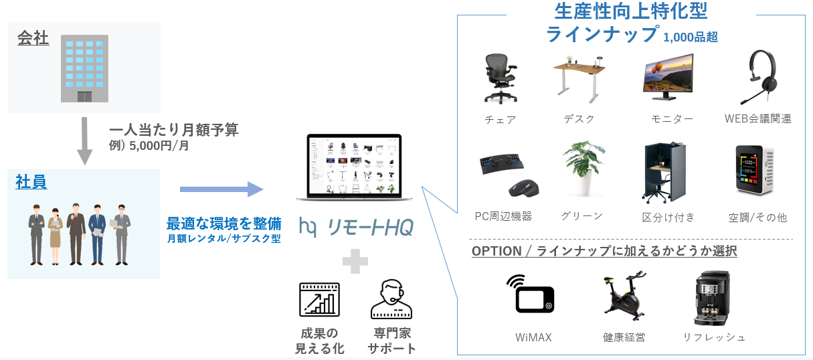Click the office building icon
pyautogui.click(x=84, y=69)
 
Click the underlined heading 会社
pyautogui.click(x=33, y=38)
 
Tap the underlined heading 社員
pyautogui.click(x=31, y=182)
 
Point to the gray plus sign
pyautogui.click(x=355, y=261)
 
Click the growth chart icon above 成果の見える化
pyautogui.click(x=319, y=300)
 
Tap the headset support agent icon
pyautogui.click(x=391, y=300)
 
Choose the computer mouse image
pyautogui.click(x=523, y=188)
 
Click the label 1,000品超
pyautogui.click(x=691, y=37)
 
